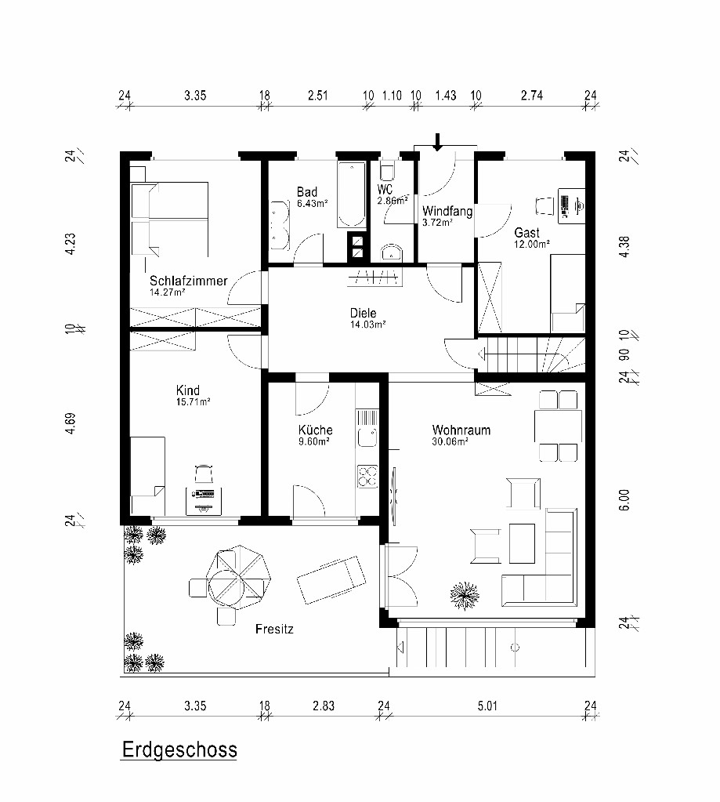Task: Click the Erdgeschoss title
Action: [x=179, y=749]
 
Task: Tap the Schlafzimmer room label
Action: [x=188, y=281]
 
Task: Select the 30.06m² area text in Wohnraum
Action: [x=450, y=441]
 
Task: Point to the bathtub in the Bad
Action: [x=351, y=194]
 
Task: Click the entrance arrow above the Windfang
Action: [x=437, y=142]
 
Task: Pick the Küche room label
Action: [x=315, y=430]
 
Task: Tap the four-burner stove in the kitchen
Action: [x=367, y=476]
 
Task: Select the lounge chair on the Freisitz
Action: [x=332, y=579]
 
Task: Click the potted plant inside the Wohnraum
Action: [x=465, y=596]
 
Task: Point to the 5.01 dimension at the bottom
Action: [x=487, y=706]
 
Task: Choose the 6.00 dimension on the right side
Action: [x=624, y=500]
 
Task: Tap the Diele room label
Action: [x=363, y=313]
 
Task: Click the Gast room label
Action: [x=526, y=233]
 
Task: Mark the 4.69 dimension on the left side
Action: [x=71, y=423]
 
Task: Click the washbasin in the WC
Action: [x=392, y=252]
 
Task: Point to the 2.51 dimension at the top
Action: [x=317, y=96]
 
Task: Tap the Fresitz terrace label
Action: [x=274, y=629]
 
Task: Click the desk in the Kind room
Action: [x=204, y=501]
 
